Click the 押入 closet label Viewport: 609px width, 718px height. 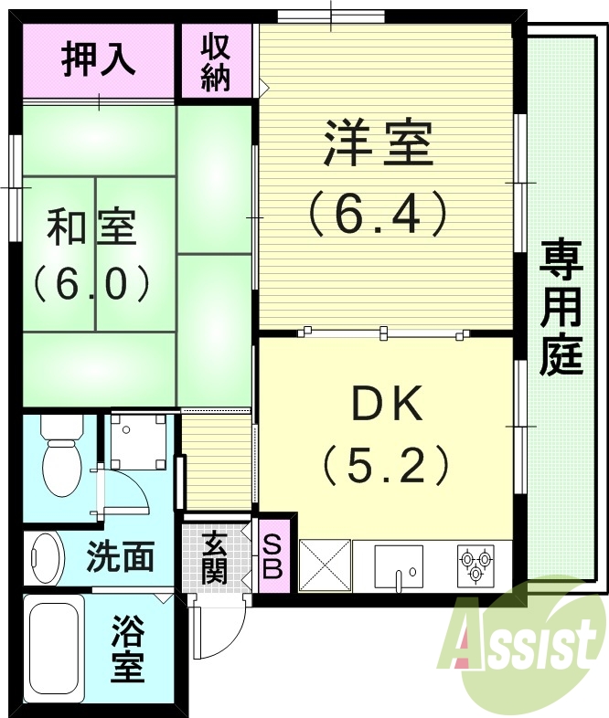[98, 58]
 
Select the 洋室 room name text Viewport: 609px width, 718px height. [378, 145]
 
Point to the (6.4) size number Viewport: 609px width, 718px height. [378, 214]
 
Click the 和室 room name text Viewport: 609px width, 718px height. [91, 227]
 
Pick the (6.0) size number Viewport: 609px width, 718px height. [91, 284]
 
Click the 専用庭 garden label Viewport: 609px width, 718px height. [560, 307]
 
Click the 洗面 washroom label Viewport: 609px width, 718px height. [120, 555]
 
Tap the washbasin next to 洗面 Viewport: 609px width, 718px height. [45, 554]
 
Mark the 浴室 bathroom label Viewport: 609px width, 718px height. [129, 650]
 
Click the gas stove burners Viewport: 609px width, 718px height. [475, 563]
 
